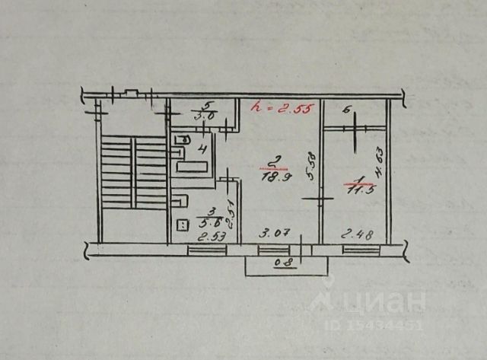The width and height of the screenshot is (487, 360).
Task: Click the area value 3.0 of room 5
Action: [x=204, y=116]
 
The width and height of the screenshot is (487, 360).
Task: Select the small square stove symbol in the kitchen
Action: [x=183, y=224]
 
